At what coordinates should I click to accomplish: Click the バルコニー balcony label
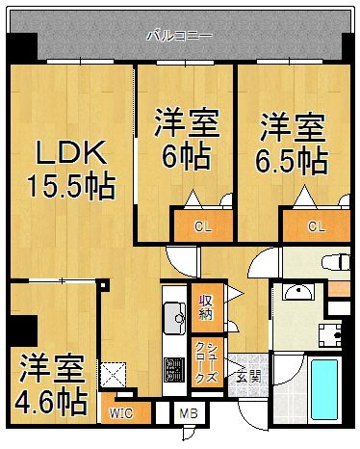coord(179,36)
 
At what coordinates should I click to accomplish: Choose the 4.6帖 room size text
coord(53,398)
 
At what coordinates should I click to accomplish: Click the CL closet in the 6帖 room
coord(202,227)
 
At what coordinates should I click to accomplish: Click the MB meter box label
coord(189,414)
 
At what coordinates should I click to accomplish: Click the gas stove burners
coord(174,369)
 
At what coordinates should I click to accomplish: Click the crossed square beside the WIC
coord(115,373)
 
